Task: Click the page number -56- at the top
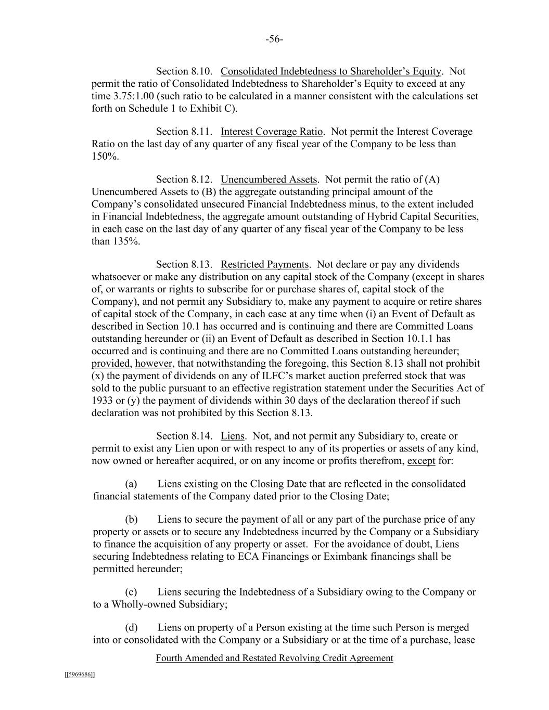(274, 40)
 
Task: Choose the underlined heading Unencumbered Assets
(269, 179)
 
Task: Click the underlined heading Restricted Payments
(265, 265)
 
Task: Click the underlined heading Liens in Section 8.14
(233, 436)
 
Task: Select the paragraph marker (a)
(131, 484)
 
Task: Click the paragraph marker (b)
(131, 520)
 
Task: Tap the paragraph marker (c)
(131, 592)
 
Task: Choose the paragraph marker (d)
(131, 628)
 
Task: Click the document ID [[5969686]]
(80, 675)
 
